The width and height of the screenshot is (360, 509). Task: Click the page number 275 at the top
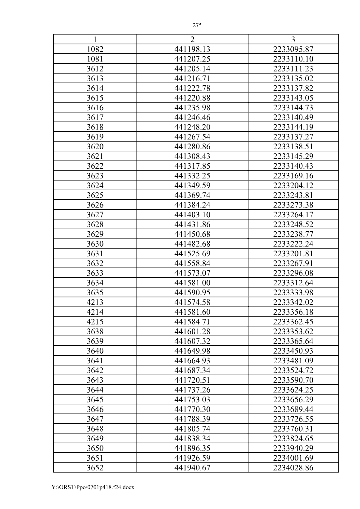(x=197, y=25)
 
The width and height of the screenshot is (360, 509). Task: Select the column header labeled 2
(x=192, y=40)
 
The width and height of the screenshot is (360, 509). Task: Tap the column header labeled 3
(x=293, y=40)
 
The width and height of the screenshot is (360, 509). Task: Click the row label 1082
(x=95, y=49)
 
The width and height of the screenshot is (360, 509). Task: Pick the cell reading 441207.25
(x=192, y=59)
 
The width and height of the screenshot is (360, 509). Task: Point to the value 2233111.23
(x=293, y=69)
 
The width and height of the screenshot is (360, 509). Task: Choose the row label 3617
(x=95, y=117)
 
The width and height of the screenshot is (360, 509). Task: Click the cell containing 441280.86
(x=192, y=147)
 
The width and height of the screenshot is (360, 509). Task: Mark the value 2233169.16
(x=293, y=176)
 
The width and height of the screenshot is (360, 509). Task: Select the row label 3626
(x=95, y=205)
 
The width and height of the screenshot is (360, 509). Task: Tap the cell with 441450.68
(x=192, y=234)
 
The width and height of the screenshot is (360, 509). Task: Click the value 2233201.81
(x=293, y=254)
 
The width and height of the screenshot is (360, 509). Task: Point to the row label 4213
(x=95, y=302)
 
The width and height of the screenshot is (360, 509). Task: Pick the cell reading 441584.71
(x=192, y=322)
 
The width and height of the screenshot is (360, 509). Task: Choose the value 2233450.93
(x=293, y=351)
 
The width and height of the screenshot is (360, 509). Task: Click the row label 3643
(x=95, y=380)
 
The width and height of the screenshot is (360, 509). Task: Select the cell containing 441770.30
(x=192, y=409)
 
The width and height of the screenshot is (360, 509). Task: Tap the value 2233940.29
(x=293, y=448)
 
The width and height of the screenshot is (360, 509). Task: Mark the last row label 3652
(x=95, y=468)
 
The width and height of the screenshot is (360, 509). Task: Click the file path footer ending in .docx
(x=93, y=487)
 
